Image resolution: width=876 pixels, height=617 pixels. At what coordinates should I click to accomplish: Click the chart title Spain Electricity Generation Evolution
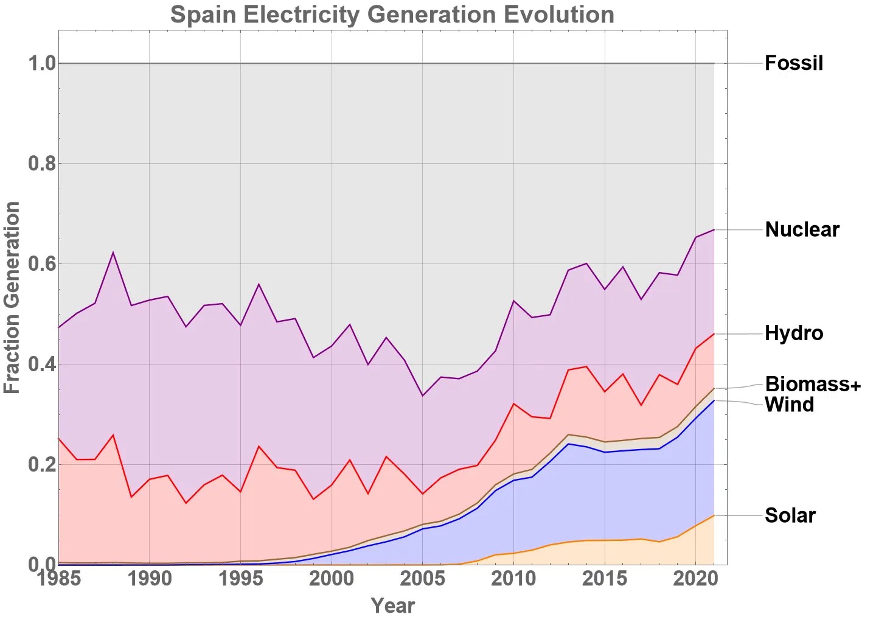click(392, 15)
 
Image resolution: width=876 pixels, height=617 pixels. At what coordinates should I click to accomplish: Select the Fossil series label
click(793, 63)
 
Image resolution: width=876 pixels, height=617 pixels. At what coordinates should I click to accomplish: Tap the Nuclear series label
click(802, 229)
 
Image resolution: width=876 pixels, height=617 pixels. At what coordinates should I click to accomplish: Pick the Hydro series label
click(793, 333)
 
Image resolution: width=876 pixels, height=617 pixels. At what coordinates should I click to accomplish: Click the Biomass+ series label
click(813, 384)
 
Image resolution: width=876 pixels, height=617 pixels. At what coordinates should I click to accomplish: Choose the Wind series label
click(789, 405)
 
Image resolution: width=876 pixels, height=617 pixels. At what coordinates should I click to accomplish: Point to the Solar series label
click(790, 515)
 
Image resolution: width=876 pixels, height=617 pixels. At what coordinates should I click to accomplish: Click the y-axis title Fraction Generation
click(12, 298)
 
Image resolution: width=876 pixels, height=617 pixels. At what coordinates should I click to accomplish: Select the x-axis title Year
click(392, 605)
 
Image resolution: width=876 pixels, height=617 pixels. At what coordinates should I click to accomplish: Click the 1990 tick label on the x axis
click(150, 578)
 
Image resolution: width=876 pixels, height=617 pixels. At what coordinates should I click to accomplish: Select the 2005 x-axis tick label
click(423, 578)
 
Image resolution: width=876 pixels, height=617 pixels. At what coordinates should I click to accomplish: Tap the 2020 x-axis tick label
click(695, 578)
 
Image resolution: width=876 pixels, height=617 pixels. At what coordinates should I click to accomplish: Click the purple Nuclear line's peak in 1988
click(113, 253)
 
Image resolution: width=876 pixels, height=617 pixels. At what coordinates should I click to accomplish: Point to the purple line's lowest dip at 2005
click(423, 396)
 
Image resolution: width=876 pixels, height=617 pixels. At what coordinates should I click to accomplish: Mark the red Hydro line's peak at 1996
click(259, 447)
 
